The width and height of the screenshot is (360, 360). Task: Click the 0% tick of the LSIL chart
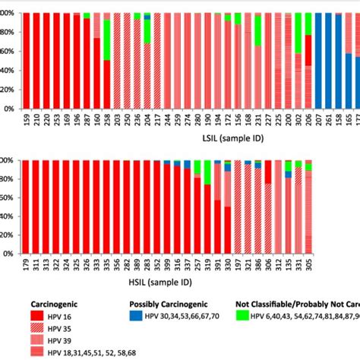pyautogui.click(x=9, y=109)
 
